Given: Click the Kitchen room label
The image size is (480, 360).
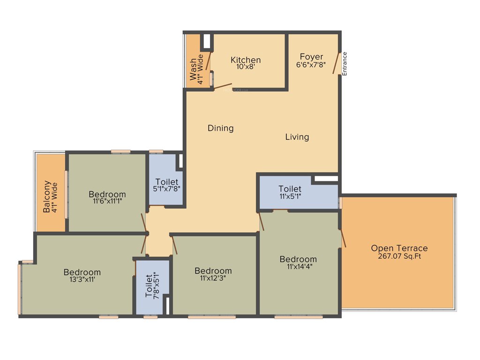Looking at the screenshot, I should tap(246, 60).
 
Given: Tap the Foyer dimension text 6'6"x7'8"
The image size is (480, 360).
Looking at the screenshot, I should tap(311, 65).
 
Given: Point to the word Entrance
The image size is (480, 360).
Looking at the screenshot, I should tap(345, 63).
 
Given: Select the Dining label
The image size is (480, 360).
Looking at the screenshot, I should tap(220, 128).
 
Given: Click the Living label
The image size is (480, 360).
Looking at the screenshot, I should tap(297, 137).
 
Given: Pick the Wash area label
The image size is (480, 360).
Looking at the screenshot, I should tap(193, 69).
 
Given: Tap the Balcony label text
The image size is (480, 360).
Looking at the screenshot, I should tap(47, 197).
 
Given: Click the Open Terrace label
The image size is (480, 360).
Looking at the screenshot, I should tap(399, 248).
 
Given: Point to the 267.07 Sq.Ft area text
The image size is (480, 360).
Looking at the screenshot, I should tap(399, 256).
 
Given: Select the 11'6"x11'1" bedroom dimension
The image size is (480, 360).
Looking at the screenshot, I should tap(107, 202).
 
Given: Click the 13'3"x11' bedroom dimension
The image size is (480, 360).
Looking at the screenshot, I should tap(82, 279).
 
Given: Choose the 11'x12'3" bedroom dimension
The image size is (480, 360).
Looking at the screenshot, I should tap(213, 278).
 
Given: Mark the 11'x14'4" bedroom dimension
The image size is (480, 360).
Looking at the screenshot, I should tap(298, 267).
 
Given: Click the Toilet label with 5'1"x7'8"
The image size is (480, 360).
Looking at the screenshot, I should tap(167, 182).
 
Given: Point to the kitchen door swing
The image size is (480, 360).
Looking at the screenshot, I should tap(223, 87).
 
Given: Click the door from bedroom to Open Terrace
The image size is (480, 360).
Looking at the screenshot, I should tap(343, 238).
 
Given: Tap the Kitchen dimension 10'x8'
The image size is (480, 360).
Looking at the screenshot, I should tap(246, 67).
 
